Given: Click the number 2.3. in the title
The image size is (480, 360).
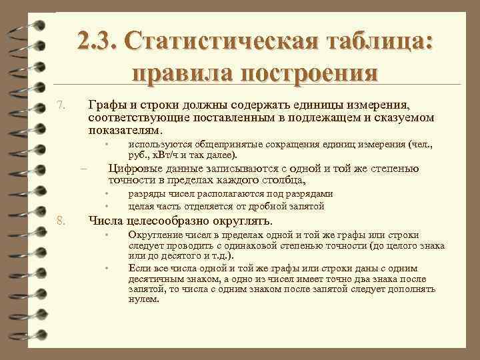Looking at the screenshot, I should coord(97,41).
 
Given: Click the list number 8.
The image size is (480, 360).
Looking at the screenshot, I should coord(61,221).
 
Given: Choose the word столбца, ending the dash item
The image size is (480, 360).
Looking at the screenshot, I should coord(278,179).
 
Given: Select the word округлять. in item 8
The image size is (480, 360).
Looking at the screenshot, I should coord(243,221).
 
